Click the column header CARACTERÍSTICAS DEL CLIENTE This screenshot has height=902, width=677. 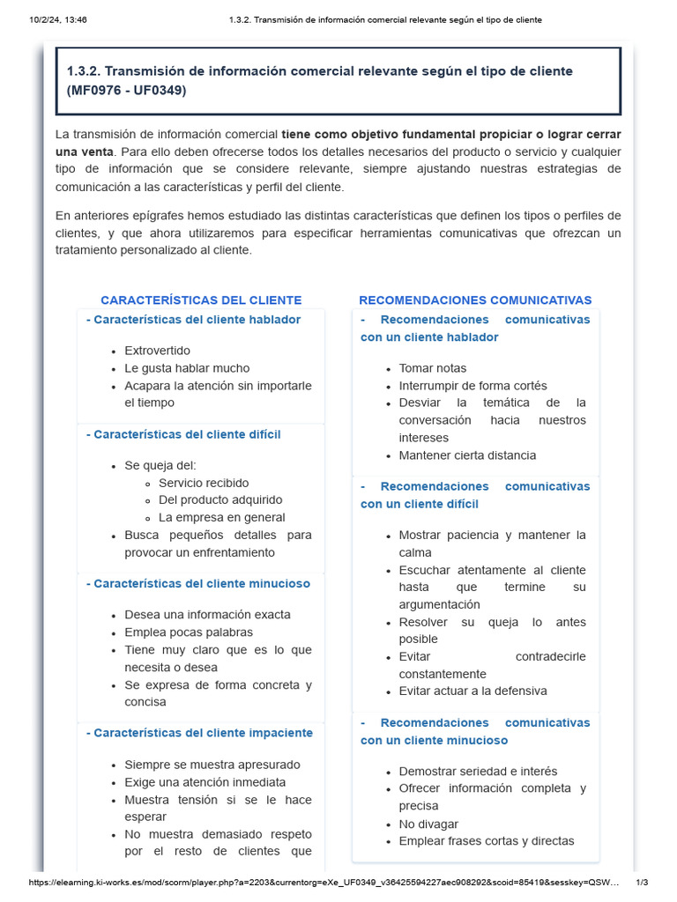pyautogui.click(x=201, y=300)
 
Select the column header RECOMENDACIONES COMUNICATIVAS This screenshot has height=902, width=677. pyautogui.click(x=475, y=300)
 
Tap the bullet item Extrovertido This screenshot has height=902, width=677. pyautogui.click(x=157, y=351)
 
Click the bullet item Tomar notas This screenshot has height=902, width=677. pyautogui.click(x=433, y=368)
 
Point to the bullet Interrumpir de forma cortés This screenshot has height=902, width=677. pyautogui.click(x=472, y=386)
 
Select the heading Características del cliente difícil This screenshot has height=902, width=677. pyautogui.click(x=187, y=434)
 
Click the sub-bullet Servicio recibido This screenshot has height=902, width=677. pyautogui.click(x=204, y=483)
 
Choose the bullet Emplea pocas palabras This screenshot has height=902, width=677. pyautogui.click(x=189, y=632)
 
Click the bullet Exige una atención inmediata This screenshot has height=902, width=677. pyautogui.click(x=205, y=782)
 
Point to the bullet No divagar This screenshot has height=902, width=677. pyautogui.click(x=428, y=824)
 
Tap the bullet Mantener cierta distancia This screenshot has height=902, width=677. pyautogui.click(x=467, y=455)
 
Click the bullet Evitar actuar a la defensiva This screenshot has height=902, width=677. pyautogui.click(x=472, y=691)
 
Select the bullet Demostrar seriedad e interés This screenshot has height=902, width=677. pyautogui.click(x=478, y=772)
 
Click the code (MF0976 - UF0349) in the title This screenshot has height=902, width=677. pyautogui.click(x=127, y=91)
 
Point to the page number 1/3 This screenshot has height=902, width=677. pyautogui.click(x=642, y=882)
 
